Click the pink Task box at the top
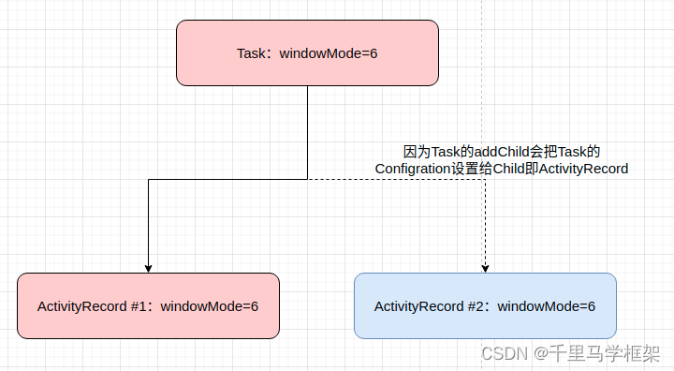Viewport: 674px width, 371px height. point(307,52)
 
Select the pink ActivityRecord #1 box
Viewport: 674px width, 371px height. point(148,305)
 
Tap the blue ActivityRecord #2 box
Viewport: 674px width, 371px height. point(485,305)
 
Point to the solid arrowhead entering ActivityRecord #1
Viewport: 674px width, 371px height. point(148,268)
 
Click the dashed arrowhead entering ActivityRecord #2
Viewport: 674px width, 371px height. point(485,268)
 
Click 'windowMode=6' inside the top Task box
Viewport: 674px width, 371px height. point(329,53)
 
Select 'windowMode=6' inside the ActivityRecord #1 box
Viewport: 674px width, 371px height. point(210,306)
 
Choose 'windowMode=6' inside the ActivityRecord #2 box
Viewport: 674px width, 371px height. point(547,306)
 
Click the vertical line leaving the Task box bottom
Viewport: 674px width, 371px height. point(307,131)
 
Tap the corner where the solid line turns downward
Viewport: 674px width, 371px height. point(148,179)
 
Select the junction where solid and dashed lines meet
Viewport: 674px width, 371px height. point(307,179)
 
